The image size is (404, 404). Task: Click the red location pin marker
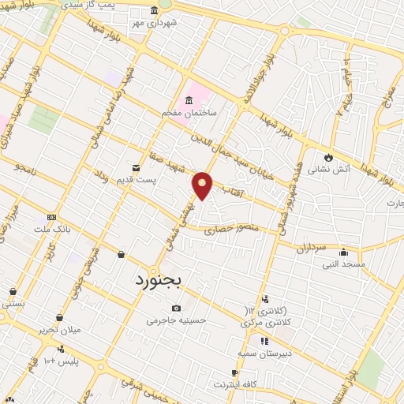coord(203,185)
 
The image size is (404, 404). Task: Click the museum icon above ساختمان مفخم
coord(189,100)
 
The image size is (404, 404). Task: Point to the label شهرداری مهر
coord(155,23)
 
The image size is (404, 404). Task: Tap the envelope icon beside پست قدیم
coord(137,167)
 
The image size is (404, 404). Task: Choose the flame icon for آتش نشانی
coord(328,156)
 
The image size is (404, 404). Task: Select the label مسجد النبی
coord(342,264)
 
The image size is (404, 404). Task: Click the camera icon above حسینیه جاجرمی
coord(176,308)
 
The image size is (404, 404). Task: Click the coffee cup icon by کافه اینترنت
coord(235,372)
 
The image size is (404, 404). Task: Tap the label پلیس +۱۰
coord(61,361)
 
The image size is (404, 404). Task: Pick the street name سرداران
coord(312,248)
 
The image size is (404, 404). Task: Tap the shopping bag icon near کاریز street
coord(121,254)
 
